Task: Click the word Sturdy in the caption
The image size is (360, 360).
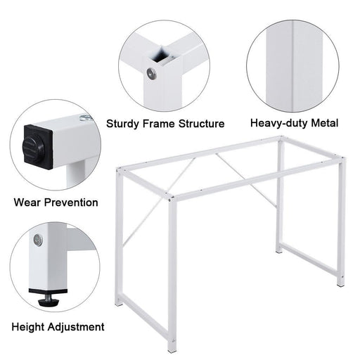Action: tap(124, 124)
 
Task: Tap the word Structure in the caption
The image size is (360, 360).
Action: tap(200, 124)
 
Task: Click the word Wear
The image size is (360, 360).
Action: tap(29, 202)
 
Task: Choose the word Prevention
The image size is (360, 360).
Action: tap(72, 202)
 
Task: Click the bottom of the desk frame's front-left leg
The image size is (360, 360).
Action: tap(172, 346)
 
